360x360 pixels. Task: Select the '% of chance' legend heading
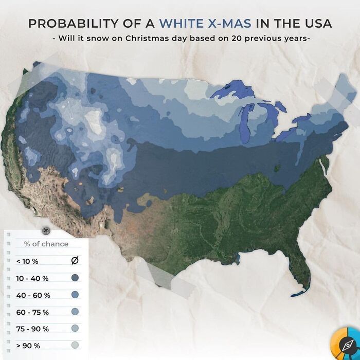pyautogui.click(x=46, y=244)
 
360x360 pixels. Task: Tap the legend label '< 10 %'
pyautogui.click(x=27, y=261)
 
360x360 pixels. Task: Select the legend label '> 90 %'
pyautogui.click(x=28, y=346)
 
